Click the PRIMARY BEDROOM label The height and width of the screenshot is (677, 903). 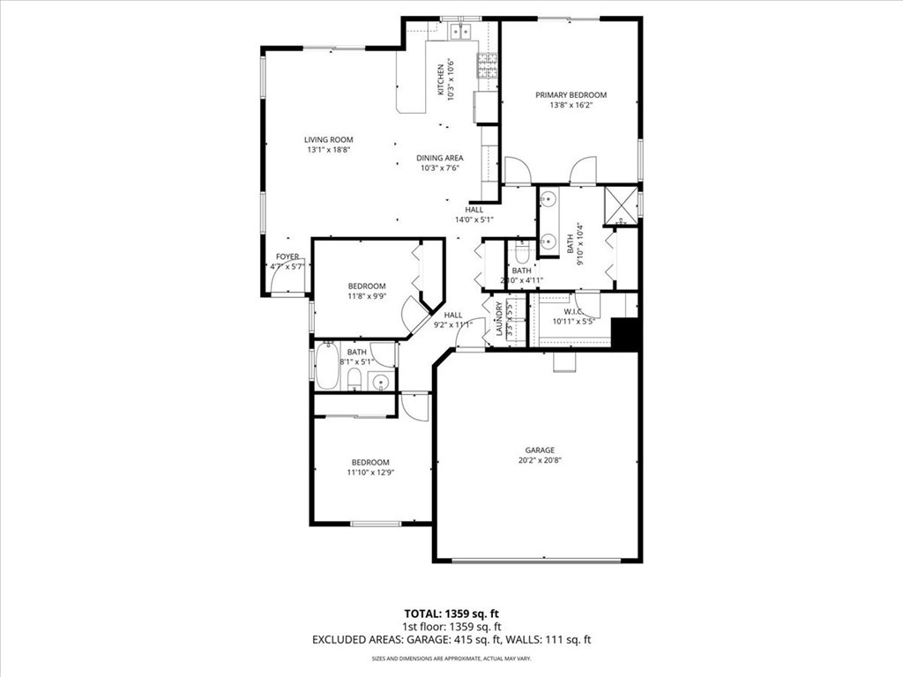coord(571,95)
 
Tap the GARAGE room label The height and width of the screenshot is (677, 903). coord(540,450)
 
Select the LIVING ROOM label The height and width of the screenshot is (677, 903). coord(328,139)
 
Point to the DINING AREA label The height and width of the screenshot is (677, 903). coord(440,158)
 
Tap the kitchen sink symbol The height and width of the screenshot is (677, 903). coord(459,33)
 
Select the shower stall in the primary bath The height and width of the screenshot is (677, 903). coord(621,205)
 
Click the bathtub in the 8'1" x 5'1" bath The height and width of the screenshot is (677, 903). coord(327,366)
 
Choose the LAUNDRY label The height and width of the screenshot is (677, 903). coord(499,319)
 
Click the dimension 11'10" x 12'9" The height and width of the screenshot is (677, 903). coord(370,472)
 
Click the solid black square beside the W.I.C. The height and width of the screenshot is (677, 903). coord(625,335)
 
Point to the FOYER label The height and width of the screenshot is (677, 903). coord(287,257)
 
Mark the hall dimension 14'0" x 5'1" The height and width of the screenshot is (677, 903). coord(474,219)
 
